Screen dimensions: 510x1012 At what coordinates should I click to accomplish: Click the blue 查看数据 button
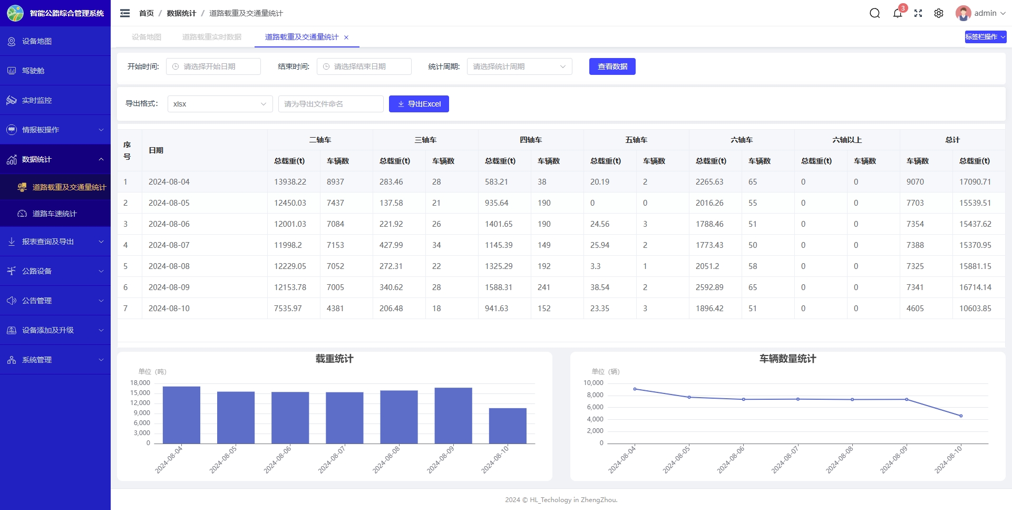pos(612,66)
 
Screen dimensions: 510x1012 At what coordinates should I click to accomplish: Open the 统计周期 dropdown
pos(519,66)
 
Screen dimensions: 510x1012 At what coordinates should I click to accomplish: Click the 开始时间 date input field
pos(213,66)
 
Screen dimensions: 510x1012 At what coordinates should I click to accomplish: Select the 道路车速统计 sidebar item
pos(54,214)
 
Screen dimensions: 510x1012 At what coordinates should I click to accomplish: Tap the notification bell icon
pos(897,13)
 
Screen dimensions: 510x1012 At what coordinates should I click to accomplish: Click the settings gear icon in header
pos(938,13)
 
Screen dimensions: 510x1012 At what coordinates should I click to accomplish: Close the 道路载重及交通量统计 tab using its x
pos(346,37)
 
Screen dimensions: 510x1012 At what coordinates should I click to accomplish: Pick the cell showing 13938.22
pos(290,182)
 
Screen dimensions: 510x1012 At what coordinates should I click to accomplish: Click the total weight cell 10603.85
pos(975,309)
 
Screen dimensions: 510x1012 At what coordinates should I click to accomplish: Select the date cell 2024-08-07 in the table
pos(169,245)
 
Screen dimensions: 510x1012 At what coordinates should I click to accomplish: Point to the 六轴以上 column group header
pos(846,140)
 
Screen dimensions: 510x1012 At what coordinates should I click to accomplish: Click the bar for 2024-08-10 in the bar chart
pos(508,426)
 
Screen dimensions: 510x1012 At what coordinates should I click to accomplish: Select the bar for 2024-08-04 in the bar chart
pos(181,415)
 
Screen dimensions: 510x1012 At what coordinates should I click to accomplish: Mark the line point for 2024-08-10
pos(961,416)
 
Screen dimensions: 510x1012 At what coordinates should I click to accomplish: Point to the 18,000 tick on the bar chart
pos(140,383)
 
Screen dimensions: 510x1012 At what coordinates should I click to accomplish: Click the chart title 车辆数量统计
pos(787,359)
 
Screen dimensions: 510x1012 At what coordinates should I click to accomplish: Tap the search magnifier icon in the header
pos(874,13)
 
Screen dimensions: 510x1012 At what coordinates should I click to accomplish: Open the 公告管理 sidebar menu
pos(55,301)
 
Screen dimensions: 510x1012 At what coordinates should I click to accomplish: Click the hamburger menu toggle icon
pos(125,13)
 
